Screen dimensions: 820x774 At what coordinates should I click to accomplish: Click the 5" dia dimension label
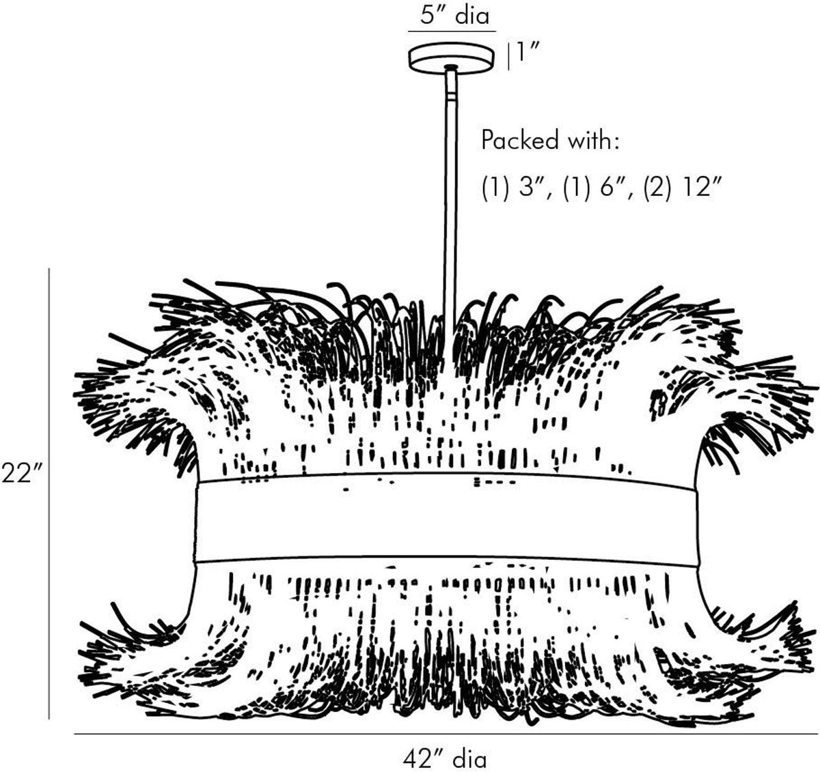[454, 16]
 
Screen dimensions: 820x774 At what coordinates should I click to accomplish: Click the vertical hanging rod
[450, 198]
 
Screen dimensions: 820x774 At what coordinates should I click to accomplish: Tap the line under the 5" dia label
[452, 31]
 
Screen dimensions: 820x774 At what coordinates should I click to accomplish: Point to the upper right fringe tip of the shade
[815, 387]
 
